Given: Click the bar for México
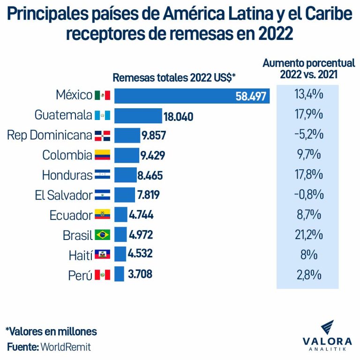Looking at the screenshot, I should [192, 96].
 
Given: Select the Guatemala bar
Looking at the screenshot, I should [138, 116].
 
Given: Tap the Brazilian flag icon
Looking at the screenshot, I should [102, 235].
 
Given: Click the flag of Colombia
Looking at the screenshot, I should [102, 155].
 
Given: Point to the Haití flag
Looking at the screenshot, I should [102, 255].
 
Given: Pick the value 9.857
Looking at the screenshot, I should [153, 136].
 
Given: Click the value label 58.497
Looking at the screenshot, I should [250, 97].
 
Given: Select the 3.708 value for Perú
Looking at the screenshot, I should [140, 274].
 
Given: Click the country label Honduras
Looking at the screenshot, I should [67, 175].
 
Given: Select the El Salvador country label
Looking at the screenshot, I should [64, 195].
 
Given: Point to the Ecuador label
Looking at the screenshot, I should [71, 215].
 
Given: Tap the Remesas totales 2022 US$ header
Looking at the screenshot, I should [174, 78].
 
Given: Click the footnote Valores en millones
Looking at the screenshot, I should [51, 331].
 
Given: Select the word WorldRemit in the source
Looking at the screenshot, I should [66, 347].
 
